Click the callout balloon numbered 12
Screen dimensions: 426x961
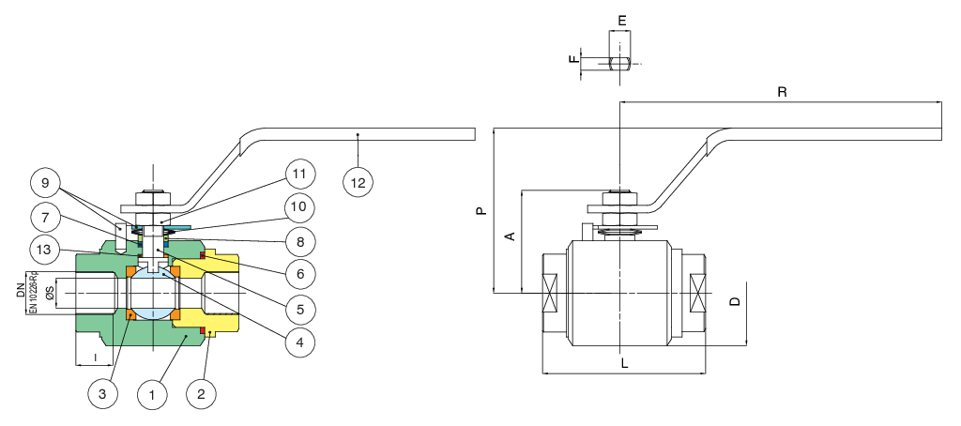[358, 182]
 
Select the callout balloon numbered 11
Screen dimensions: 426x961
[298, 175]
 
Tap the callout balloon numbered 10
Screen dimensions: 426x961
[298, 206]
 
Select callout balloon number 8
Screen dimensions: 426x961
[298, 240]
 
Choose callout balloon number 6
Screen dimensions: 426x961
[298, 274]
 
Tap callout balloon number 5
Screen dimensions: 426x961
[298, 309]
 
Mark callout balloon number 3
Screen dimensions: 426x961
[102, 395]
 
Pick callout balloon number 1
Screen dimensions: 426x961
[151, 395]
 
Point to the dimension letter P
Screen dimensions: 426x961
[480, 212]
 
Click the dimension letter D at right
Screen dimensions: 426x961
[735, 302]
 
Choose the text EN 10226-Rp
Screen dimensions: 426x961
[33, 292]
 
